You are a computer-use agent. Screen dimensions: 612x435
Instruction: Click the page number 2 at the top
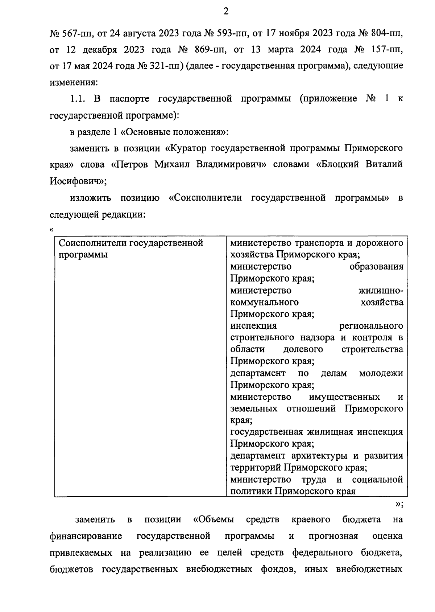(x=225, y=12)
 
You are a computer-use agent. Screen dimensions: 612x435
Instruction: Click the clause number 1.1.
(x=78, y=99)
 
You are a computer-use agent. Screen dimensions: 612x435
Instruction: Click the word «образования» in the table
(x=376, y=267)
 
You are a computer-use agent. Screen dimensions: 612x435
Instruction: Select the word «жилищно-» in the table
(x=381, y=291)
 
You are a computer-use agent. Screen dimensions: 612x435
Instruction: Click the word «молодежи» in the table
(x=381, y=373)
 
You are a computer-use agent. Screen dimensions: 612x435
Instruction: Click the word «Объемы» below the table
(x=214, y=519)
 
